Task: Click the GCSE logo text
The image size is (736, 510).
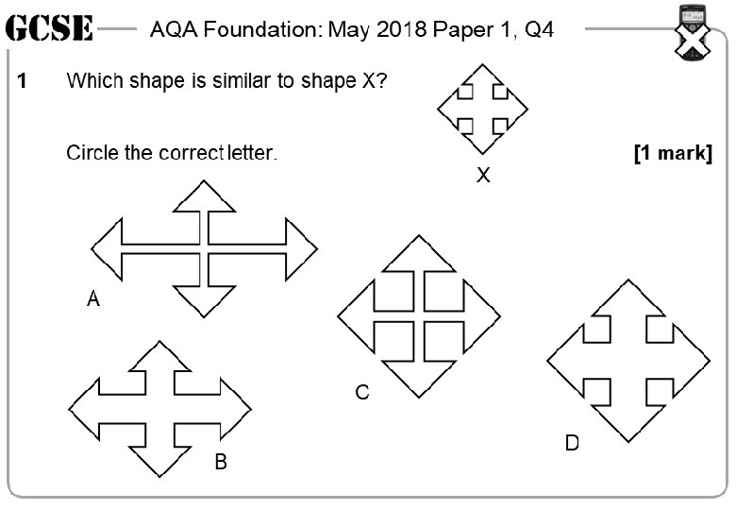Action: tap(49, 29)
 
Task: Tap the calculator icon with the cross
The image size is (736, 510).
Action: tap(694, 32)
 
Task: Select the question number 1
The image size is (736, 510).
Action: tap(22, 81)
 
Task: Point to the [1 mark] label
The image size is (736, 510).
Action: tap(673, 152)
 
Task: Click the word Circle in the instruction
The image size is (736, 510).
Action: tap(92, 152)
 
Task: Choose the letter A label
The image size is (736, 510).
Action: tap(92, 300)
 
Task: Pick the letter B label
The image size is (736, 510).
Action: tap(220, 463)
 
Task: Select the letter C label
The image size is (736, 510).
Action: tap(362, 393)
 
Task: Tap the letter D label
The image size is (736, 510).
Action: tap(572, 443)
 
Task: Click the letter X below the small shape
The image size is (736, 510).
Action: tap(483, 175)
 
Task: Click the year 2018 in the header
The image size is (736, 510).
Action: tap(401, 29)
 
